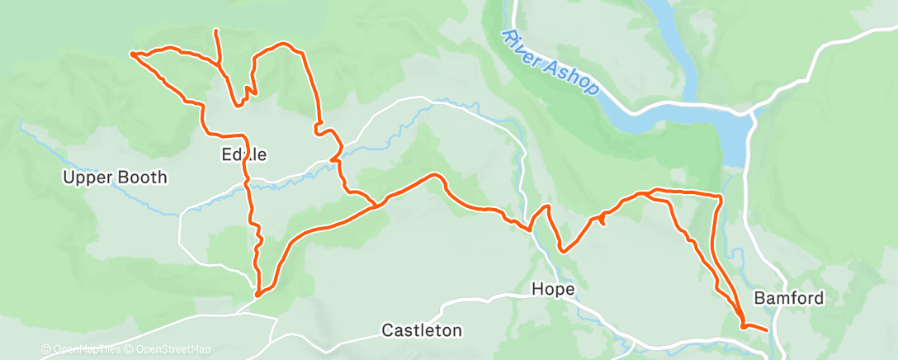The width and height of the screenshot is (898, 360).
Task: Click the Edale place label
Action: (245, 154)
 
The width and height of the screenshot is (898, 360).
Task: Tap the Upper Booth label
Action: (116, 178)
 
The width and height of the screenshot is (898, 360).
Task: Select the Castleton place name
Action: (421, 331)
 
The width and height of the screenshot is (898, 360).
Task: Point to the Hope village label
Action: (553, 290)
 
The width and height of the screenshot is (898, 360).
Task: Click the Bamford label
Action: (788, 298)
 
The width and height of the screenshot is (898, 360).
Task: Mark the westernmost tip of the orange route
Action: (132, 54)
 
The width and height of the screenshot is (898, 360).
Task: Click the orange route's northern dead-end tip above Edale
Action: (216, 31)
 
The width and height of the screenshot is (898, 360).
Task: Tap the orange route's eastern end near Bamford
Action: (768, 330)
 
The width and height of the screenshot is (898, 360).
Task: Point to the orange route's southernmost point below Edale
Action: (258, 294)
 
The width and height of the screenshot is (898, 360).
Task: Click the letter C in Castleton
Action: (388, 331)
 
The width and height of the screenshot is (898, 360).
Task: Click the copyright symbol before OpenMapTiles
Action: (46, 350)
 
